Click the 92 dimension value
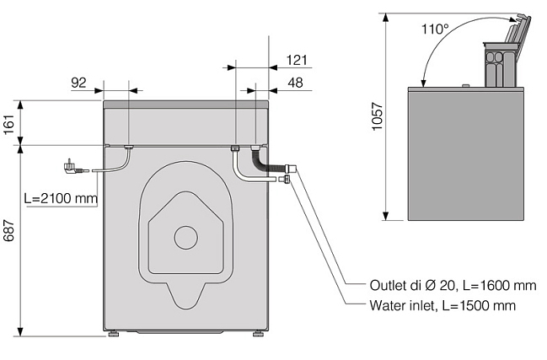(x=78, y=83)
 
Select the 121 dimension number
(x=297, y=60)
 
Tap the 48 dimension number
(x=296, y=83)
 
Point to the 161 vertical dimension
(x=9, y=124)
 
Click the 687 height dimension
(x=9, y=230)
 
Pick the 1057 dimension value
(x=378, y=116)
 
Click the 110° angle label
(x=435, y=29)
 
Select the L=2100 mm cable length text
(x=61, y=198)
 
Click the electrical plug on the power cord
(x=72, y=166)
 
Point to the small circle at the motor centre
(x=186, y=238)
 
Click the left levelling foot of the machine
(x=114, y=334)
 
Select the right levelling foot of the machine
(x=259, y=334)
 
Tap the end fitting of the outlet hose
(x=291, y=169)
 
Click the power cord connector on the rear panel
(x=128, y=148)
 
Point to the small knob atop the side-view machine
(x=464, y=85)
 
